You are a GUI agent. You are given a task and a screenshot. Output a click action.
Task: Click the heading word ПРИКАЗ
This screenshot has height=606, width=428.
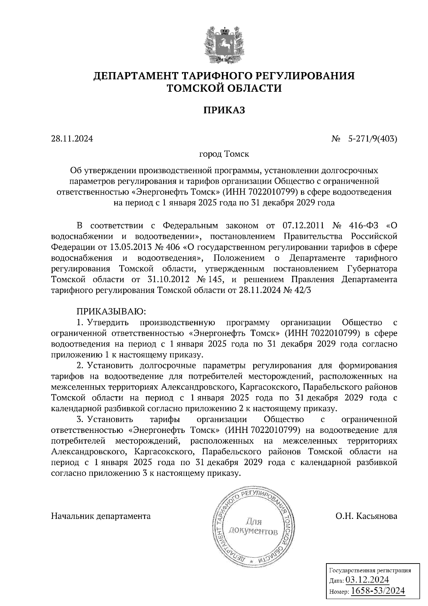click(x=224, y=110)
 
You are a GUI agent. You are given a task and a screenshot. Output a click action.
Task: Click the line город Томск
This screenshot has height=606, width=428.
click(x=224, y=154)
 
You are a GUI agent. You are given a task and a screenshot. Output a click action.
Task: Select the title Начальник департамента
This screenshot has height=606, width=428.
click(x=101, y=516)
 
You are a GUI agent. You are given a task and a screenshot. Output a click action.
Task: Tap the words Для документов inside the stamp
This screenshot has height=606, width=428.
click(x=253, y=526)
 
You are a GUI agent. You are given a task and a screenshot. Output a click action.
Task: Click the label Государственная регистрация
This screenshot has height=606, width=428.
click(x=370, y=570)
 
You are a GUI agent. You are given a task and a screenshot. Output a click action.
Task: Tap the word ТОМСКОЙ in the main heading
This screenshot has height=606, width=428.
click(x=199, y=88)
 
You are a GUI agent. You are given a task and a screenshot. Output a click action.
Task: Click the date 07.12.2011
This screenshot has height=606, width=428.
click(x=303, y=226)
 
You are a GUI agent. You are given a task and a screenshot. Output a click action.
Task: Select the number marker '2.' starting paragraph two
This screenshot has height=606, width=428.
click(x=80, y=366)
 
